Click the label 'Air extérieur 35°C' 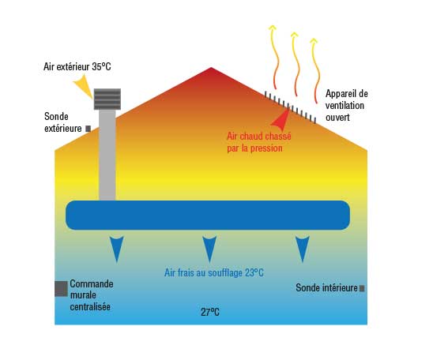[77, 66]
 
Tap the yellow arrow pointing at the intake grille [83, 86]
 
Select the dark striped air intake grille [107, 99]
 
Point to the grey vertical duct [107, 155]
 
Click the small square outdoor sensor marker [88, 129]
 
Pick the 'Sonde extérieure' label [63, 122]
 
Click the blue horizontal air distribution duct [208, 216]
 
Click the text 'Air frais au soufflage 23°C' [214, 273]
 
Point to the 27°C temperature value [210, 313]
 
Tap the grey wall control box [61, 289]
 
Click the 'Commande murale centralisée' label [92, 295]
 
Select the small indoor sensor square [362, 288]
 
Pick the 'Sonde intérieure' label [326, 287]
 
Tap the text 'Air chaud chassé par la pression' [259, 142]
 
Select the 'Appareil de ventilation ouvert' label [347, 105]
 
